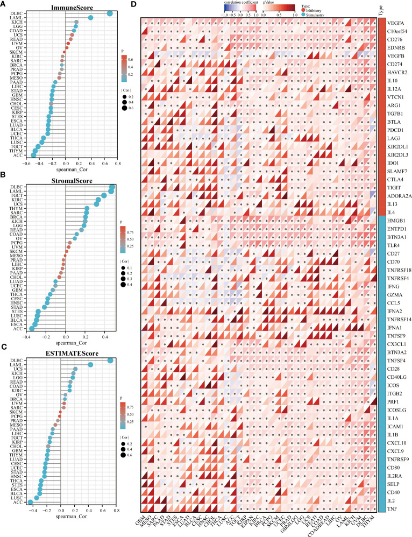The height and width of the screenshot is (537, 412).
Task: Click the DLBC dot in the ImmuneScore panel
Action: [110, 13]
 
